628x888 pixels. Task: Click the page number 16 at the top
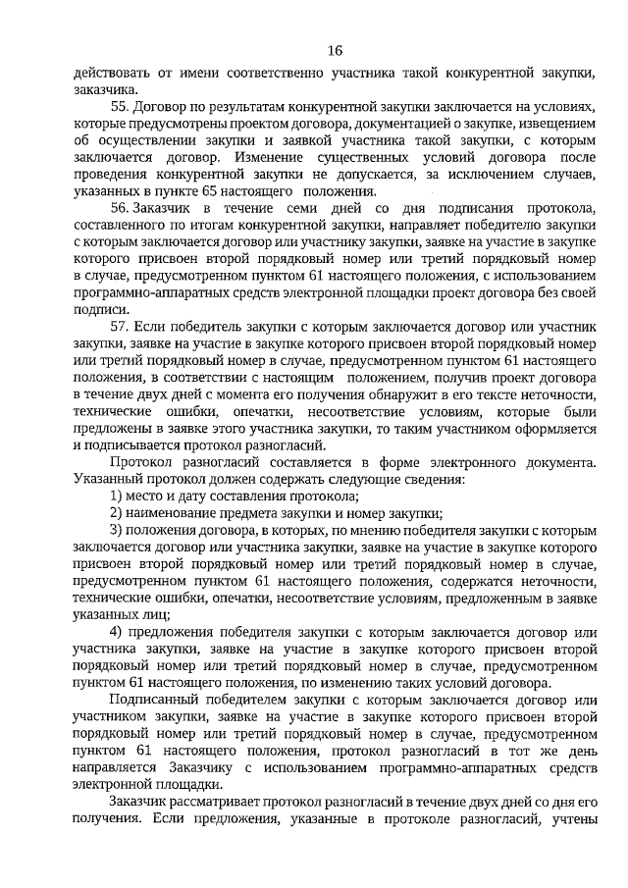[x=335, y=50]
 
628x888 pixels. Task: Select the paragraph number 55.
[x=120, y=105]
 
